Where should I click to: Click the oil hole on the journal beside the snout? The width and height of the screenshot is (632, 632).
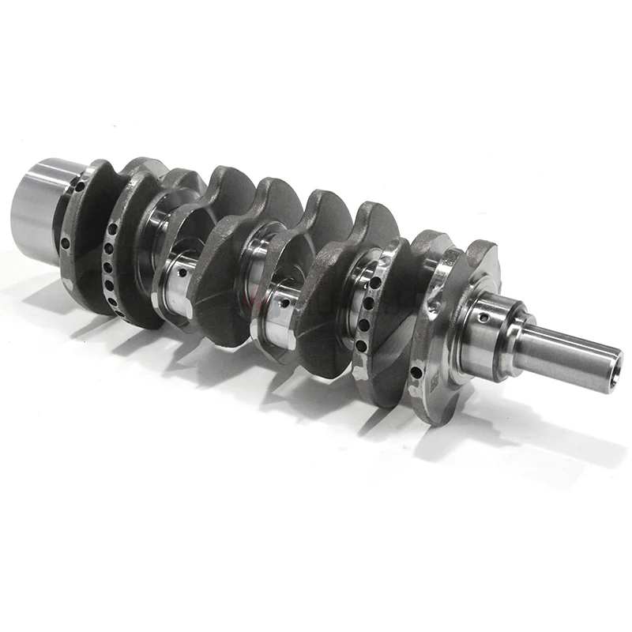[x=482, y=318]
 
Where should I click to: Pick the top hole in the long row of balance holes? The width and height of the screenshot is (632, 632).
[x=113, y=229]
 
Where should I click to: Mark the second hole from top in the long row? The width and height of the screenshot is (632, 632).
[x=109, y=243]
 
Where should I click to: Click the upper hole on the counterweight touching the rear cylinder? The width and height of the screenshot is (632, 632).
[x=79, y=187]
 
